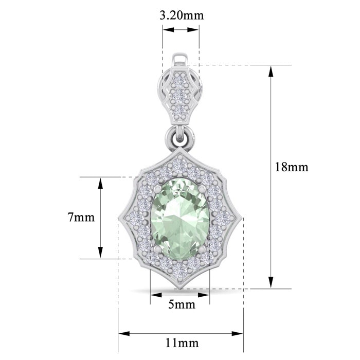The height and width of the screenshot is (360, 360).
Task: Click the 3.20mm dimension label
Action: pyautogui.click(x=181, y=15)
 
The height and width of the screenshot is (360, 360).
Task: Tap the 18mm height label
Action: pyautogui.click(x=291, y=167)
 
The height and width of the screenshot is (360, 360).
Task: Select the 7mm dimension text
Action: pyautogui.click(x=81, y=217)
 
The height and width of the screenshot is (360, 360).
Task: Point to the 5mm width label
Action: pyautogui.click(x=181, y=304)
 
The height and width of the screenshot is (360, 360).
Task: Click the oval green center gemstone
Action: pyautogui.click(x=181, y=218)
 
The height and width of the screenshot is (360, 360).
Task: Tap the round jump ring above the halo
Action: pyautogui.click(x=181, y=137)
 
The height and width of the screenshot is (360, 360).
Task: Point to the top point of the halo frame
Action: pyautogui.click(x=181, y=151)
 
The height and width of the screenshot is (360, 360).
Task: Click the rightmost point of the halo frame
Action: pyautogui.click(x=241, y=218)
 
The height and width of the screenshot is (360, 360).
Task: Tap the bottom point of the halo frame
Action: pyautogui.click(x=181, y=288)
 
